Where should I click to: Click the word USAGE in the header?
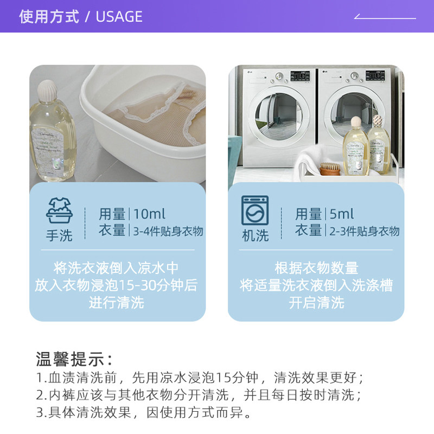(x=119, y=17)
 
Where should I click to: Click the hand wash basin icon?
(x=59, y=211)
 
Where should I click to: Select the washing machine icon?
(x=255, y=211)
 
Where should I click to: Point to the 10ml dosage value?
(x=149, y=214)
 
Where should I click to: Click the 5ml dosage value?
(x=342, y=214)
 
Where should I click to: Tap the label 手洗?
(x=59, y=236)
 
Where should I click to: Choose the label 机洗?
(x=255, y=236)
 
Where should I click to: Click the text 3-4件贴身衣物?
(x=168, y=232)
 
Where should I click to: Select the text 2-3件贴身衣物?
(x=365, y=232)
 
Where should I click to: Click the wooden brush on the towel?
(x=330, y=169)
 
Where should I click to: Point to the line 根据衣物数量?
(x=316, y=268)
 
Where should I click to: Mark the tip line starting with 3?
(x=144, y=412)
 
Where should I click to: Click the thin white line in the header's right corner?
(x=385, y=18)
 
